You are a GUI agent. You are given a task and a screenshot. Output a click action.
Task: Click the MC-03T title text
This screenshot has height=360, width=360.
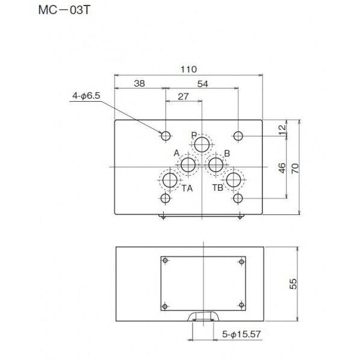pyautogui.click(x=64, y=10)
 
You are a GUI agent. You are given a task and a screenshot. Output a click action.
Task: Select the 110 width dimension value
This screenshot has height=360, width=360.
pyautogui.click(x=188, y=69)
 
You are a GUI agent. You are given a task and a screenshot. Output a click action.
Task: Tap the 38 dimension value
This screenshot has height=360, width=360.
pyautogui.click(x=139, y=83)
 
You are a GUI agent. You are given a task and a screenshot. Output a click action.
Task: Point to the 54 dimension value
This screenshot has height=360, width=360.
pyautogui.click(x=203, y=84)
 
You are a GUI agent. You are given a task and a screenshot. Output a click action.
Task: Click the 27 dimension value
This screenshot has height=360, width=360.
pyautogui.click(x=183, y=97)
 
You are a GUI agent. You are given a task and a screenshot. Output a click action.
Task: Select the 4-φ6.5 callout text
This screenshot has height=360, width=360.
pyautogui.click(x=86, y=96)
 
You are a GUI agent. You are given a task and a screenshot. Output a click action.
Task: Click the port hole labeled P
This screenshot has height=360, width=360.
pyautogui.click(x=202, y=144)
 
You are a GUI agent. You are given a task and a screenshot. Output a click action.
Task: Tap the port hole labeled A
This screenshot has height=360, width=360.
pyautogui.click(x=188, y=165)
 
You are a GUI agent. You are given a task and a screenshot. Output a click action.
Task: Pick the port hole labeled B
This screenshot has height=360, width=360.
pyautogui.click(x=216, y=165)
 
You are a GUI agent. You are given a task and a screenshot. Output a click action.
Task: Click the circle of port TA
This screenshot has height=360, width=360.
pyautogui.click(x=170, y=180)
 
